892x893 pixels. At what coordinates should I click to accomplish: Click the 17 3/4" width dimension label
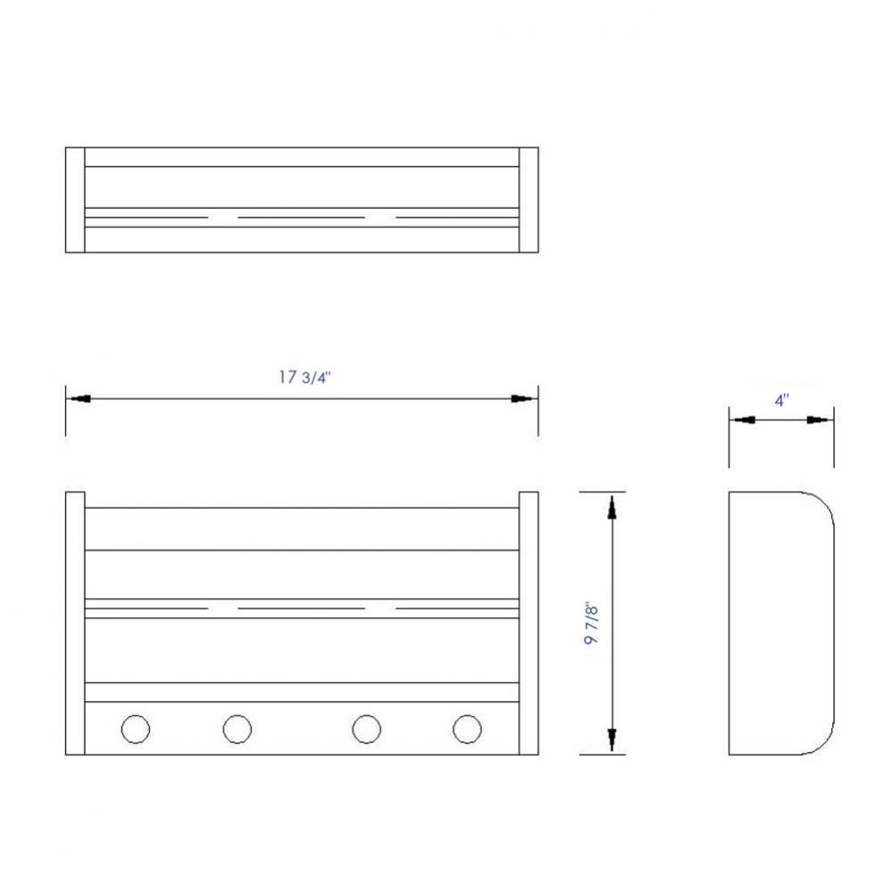[304, 377]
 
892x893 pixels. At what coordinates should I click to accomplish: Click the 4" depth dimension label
[781, 400]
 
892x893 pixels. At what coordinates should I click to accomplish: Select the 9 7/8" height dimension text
[591, 624]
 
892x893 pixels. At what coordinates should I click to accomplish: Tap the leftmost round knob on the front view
[135, 730]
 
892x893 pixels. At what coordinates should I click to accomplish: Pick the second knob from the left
[237, 730]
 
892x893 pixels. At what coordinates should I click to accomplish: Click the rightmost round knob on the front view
[466, 730]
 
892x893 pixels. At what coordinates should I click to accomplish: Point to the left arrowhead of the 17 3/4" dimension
[78, 398]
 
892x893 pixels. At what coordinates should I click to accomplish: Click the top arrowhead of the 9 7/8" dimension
[612, 506]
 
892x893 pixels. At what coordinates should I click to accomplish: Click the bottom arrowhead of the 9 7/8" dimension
[612, 739]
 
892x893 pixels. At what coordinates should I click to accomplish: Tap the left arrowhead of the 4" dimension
[742, 420]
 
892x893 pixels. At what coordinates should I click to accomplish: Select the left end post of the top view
[75, 200]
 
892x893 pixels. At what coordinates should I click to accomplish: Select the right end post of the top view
[529, 200]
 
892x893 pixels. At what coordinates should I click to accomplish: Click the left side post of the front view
[75, 623]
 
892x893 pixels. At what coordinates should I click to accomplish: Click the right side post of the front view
[529, 623]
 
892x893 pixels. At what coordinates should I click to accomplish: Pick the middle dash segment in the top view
[301, 217]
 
